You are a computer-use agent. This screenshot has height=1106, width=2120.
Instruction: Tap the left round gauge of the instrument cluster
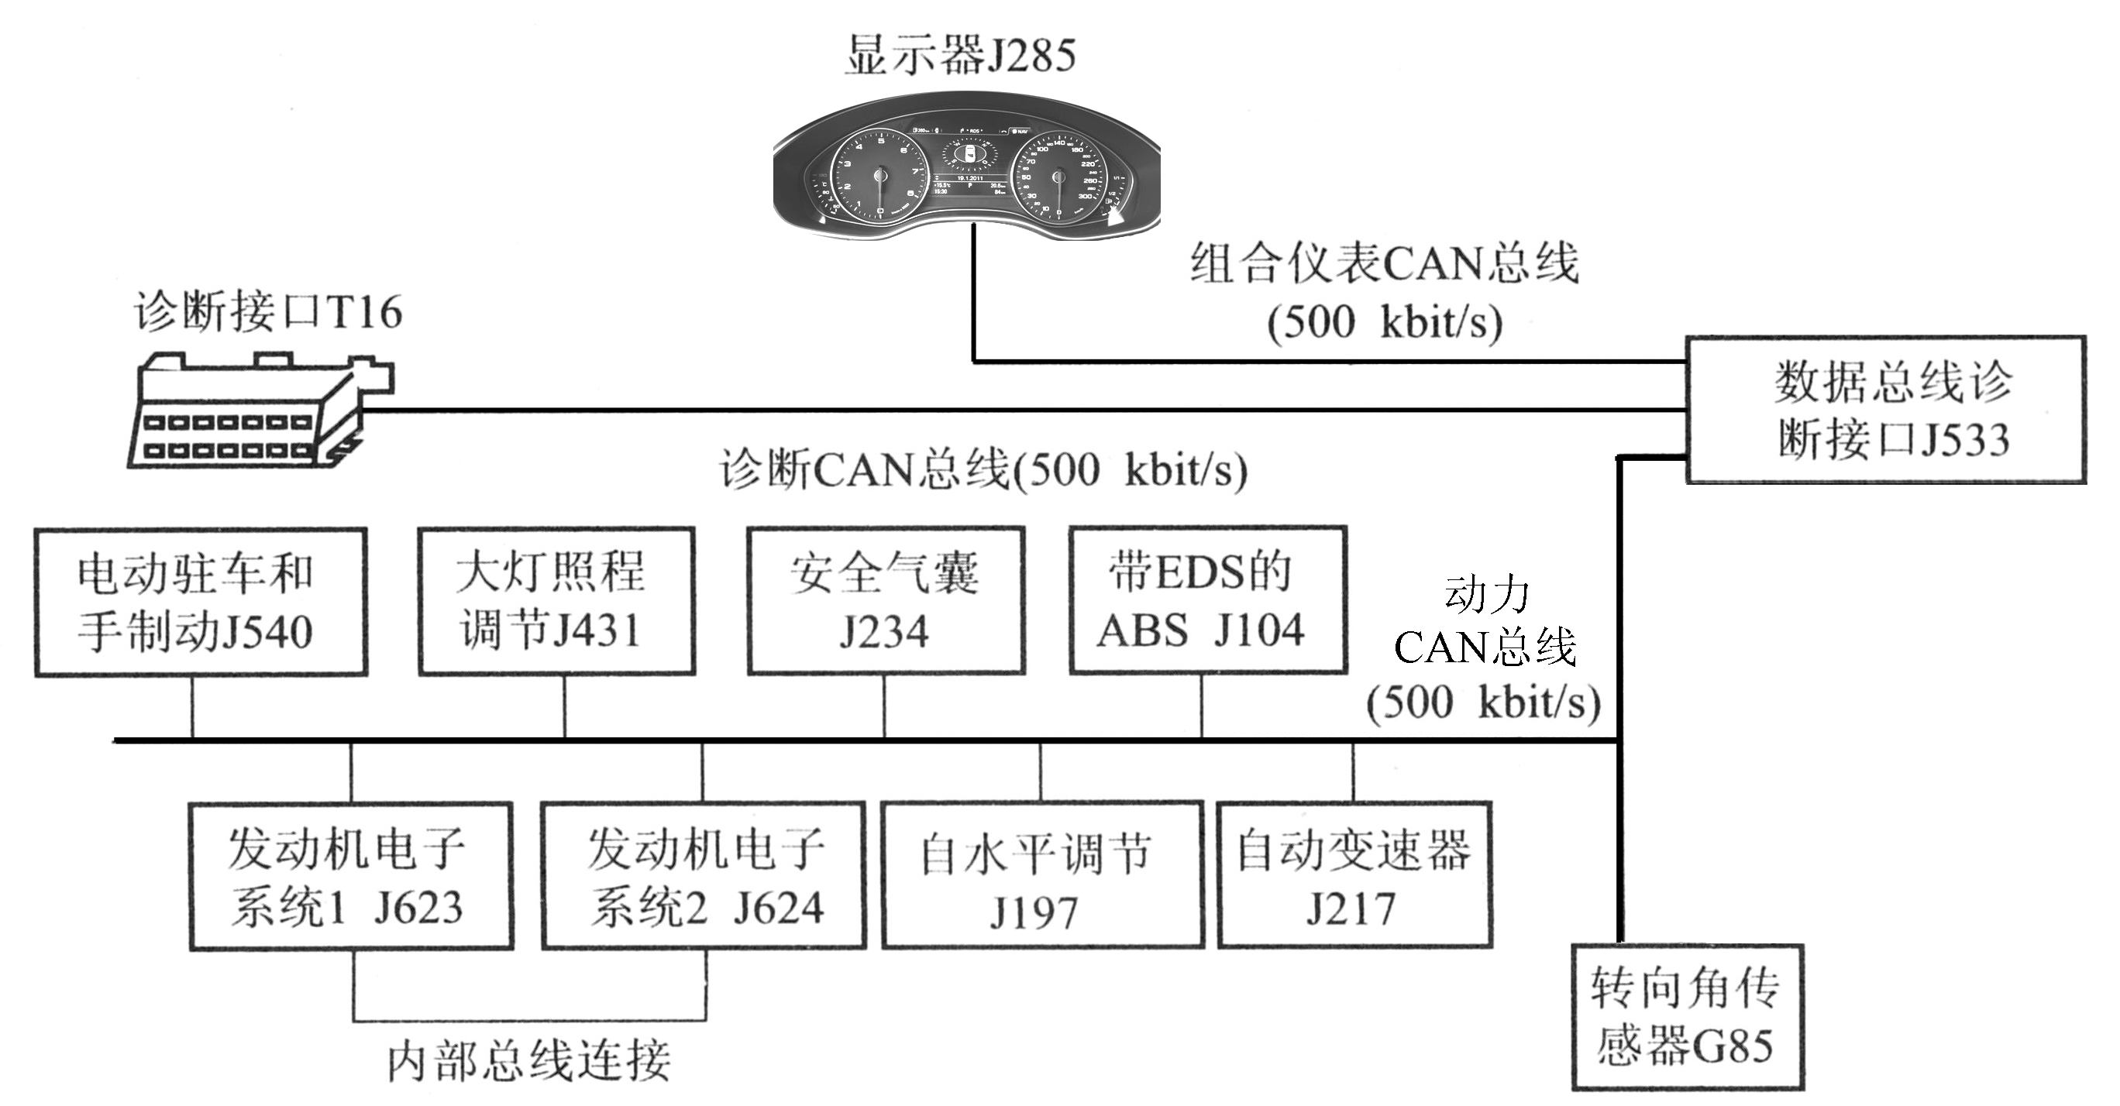[x=879, y=175]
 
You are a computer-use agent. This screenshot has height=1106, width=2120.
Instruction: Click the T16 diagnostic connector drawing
[x=260, y=411]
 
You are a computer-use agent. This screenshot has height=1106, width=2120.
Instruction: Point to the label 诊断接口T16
[x=268, y=312]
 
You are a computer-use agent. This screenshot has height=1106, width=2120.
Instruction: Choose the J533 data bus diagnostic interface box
[x=1885, y=409]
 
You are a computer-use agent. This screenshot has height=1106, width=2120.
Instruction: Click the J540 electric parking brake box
[x=200, y=602]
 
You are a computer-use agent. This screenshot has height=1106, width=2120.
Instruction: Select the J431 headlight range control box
[x=556, y=602]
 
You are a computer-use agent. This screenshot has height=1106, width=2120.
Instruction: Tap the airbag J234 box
[x=886, y=602]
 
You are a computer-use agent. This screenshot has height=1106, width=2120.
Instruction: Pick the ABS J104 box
[x=1207, y=602]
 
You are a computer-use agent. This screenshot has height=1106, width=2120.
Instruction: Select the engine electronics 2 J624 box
[x=704, y=877]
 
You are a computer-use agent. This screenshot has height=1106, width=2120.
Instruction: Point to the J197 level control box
[x=1042, y=877]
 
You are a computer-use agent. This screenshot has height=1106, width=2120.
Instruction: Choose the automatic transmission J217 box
[x=1354, y=877]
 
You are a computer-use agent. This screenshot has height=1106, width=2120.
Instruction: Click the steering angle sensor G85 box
[x=1687, y=1017]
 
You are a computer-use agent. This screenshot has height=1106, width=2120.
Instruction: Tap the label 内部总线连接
[x=529, y=1061]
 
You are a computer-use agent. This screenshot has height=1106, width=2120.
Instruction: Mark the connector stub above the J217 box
[x=1354, y=772]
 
